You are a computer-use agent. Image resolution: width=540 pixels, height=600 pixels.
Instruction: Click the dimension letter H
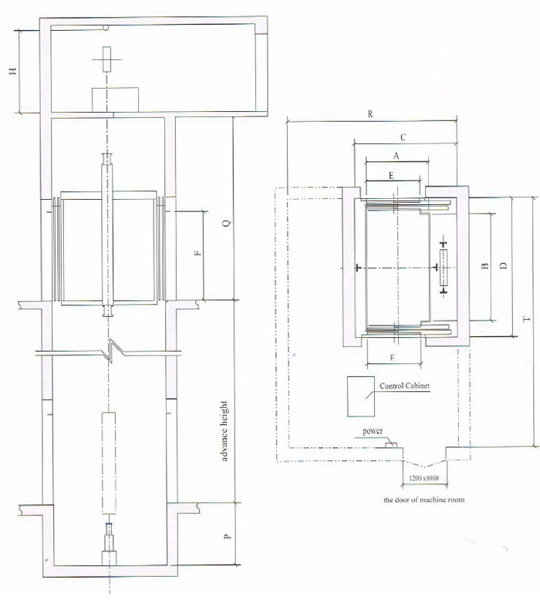pos(14,71)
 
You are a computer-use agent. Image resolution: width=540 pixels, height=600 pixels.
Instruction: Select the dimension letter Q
pos(227,223)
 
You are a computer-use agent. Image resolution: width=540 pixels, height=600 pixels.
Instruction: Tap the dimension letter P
pos(228,536)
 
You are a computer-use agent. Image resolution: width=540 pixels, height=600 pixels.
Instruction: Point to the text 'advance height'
pos(224,431)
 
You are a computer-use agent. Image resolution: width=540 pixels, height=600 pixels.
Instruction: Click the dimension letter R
pos(370,113)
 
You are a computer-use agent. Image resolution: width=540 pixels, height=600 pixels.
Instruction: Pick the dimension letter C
pos(403,137)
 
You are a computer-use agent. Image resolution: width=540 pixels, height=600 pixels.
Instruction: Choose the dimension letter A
pos(396,156)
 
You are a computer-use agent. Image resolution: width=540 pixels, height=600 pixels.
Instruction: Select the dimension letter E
pos(391,176)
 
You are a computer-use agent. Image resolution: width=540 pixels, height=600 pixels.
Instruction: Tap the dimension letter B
pos(484,265)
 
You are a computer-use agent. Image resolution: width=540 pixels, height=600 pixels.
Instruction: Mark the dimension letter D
pos(504,265)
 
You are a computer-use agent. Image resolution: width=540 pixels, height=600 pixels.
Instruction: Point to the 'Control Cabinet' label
pos(404,386)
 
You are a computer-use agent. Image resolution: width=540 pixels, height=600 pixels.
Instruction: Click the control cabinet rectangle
pos(361,396)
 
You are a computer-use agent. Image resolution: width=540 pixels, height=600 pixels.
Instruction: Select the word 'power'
pos(373,431)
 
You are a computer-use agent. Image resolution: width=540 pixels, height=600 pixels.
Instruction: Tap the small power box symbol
pos(391,445)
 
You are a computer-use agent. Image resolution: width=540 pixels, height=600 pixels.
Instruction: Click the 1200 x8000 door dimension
pos(424,478)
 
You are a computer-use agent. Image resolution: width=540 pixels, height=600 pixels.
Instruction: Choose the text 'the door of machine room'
pos(424,500)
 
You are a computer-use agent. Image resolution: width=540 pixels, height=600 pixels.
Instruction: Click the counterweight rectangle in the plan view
pos(444,267)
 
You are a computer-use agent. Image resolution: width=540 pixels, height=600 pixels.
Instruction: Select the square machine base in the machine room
pos(115,100)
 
